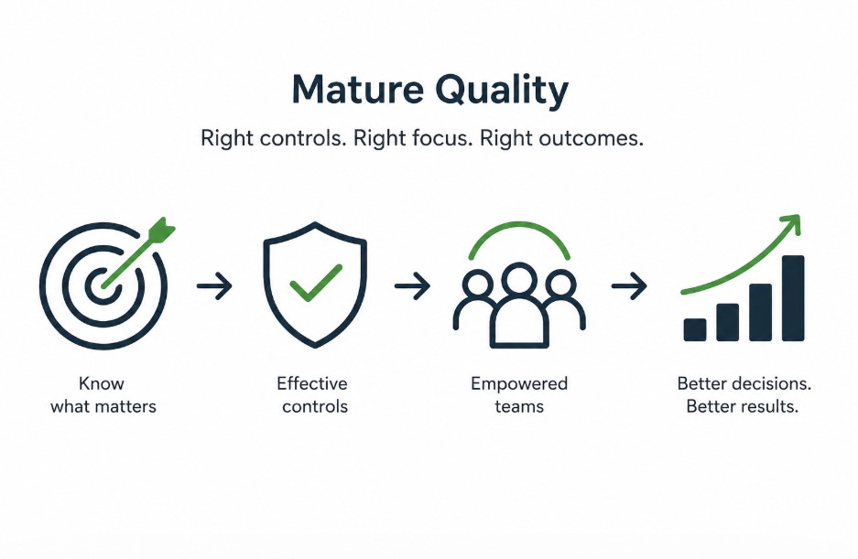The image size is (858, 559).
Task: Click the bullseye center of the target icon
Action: tap(103, 287)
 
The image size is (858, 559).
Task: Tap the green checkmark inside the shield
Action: tap(315, 284)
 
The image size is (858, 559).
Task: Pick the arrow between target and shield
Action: tap(214, 287)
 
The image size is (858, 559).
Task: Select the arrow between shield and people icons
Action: tap(412, 287)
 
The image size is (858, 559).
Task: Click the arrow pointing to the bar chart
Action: tap(629, 287)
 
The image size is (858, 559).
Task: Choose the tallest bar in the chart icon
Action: tap(793, 298)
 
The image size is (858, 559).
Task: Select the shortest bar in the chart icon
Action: tap(695, 329)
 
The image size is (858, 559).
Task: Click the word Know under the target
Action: tap(103, 383)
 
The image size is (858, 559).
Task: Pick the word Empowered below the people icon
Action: tap(519, 383)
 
